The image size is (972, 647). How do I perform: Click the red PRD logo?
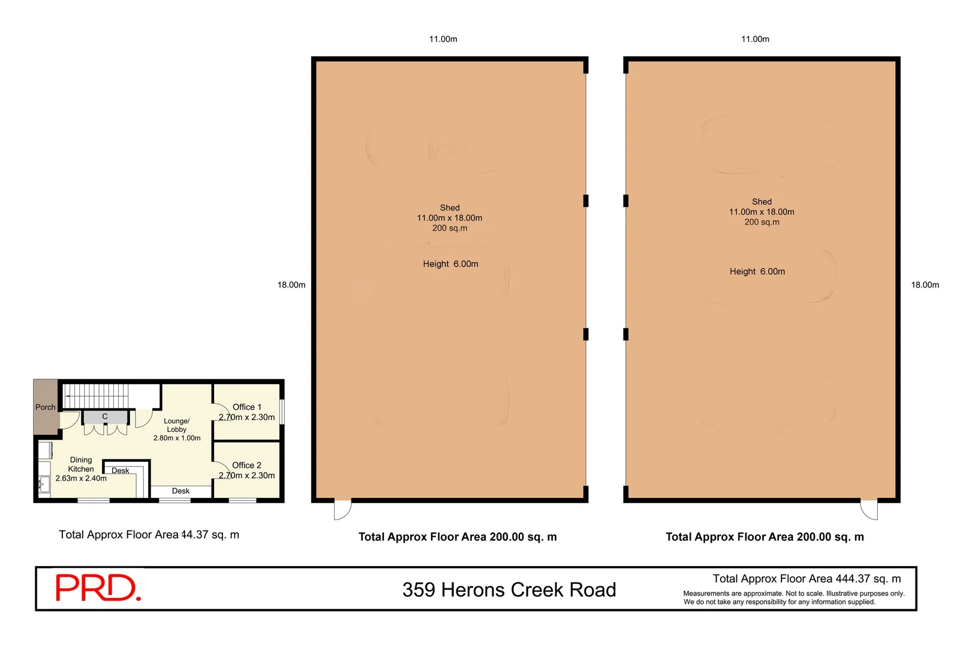click(x=98, y=588)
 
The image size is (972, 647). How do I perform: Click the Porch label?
click(x=46, y=407)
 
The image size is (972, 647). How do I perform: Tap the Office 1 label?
click(x=247, y=407)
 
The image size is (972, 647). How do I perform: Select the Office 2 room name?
click(x=246, y=465)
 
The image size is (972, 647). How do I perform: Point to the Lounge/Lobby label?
click(x=177, y=425)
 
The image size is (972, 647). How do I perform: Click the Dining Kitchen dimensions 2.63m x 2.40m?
click(x=81, y=478)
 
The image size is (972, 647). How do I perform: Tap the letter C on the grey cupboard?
click(x=105, y=416)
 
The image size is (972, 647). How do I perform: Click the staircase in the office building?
click(x=97, y=396)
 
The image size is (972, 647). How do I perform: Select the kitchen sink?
click(x=44, y=485)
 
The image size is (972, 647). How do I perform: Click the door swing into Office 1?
click(x=222, y=411)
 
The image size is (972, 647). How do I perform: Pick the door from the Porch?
click(x=70, y=420)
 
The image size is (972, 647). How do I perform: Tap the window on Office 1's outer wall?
click(x=282, y=412)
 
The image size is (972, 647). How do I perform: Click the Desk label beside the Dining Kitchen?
click(x=120, y=470)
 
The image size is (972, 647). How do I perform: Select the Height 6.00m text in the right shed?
click(x=757, y=271)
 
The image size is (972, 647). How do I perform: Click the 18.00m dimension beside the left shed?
click(x=291, y=285)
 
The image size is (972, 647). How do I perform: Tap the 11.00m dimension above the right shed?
click(x=755, y=39)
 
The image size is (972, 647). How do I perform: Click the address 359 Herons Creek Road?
click(x=509, y=589)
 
